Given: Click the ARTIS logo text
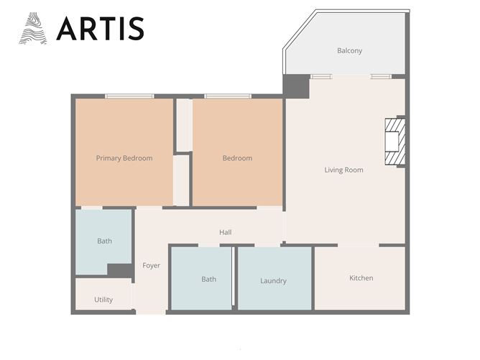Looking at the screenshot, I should pyautogui.click(x=100, y=28).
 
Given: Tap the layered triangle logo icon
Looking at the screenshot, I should pyautogui.click(x=33, y=29).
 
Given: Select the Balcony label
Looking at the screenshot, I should pyautogui.click(x=349, y=51).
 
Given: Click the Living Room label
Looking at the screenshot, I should pyautogui.click(x=343, y=170).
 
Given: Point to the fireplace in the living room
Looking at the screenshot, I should pyautogui.click(x=394, y=141).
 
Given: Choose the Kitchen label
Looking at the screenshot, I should pyautogui.click(x=361, y=278).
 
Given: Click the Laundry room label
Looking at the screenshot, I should pyautogui.click(x=273, y=281).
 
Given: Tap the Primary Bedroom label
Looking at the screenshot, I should pyautogui.click(x=124, y=158).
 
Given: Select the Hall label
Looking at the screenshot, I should pyautogui.click(x=226, y=232).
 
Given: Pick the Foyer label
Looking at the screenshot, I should pyautogui.click(x=151, y=266).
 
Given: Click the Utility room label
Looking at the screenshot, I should pyautogui.click(x=103, y=300).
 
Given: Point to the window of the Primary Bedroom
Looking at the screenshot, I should pyautogui.click(x=129, y=96).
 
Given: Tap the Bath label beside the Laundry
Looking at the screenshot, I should pyautogui.click(x=208, y=280).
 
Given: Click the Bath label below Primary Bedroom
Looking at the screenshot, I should pyautogui.click(x=104, y=241).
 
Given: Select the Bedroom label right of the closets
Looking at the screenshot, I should pyautogui.click(x=237, y=158).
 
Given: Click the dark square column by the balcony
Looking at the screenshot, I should pyautogui.click(x=295, y=86).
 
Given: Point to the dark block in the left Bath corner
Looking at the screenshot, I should pyautogui.click(x=119, y=270).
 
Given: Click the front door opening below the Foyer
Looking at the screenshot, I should pyautogui.click(x=151, y=312).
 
